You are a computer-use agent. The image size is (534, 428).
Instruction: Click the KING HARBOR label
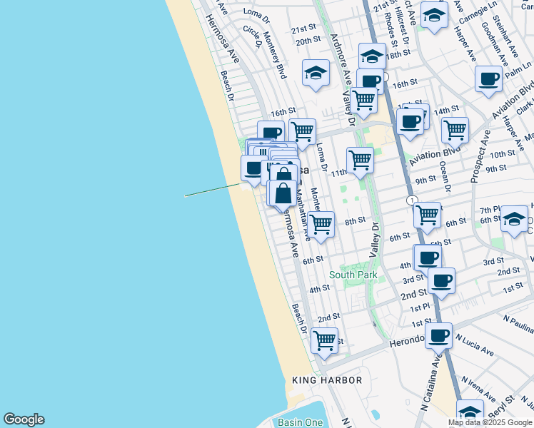click(327, 381)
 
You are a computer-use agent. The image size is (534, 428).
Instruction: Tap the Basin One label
click(300, 422)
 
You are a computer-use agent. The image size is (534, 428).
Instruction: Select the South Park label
click(353, 275)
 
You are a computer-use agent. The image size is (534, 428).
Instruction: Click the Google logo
click(24, 419)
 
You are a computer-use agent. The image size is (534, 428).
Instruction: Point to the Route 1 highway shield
click(412, 201)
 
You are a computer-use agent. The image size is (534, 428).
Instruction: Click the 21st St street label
click(303, 29)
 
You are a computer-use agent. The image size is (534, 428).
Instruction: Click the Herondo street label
click(406, 342)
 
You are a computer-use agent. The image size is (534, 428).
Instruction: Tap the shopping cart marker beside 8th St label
click(321, 223)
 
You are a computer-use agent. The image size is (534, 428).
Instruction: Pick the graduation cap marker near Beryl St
click(470, 412)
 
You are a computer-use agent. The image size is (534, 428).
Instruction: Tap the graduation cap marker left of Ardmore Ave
click(316, 72)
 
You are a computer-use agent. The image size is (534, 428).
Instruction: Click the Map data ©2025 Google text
click(490, 422)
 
